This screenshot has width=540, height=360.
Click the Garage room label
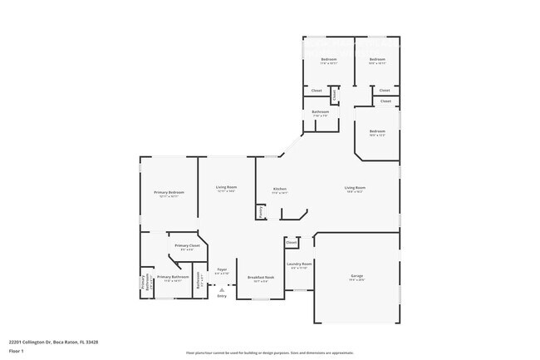[x=356, y=277]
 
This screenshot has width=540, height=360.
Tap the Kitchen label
[x=280, y=190]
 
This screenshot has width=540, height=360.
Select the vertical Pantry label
[x=261, y=212]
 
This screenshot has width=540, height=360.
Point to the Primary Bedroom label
[x=169, y=194]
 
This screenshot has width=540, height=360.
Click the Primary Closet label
[x=186, y=247]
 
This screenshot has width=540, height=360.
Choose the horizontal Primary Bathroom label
[x=169, y=279]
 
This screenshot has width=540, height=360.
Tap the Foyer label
[x=222, y=271]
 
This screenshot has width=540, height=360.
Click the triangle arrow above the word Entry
[x=221, y=289]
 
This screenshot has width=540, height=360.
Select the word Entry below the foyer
[x=221, y=296]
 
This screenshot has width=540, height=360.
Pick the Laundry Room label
[x=298, y=266]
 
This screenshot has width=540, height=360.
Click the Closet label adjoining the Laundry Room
[x=292, y=244]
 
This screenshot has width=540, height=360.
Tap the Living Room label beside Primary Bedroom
[x=226, y=188]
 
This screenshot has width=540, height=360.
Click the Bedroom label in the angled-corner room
[x=377, y=132]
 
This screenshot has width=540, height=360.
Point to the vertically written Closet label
[x=334, y=95]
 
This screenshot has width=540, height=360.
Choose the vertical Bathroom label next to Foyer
[x=199, y=282]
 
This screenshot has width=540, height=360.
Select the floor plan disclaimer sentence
[x=269, y=353]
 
